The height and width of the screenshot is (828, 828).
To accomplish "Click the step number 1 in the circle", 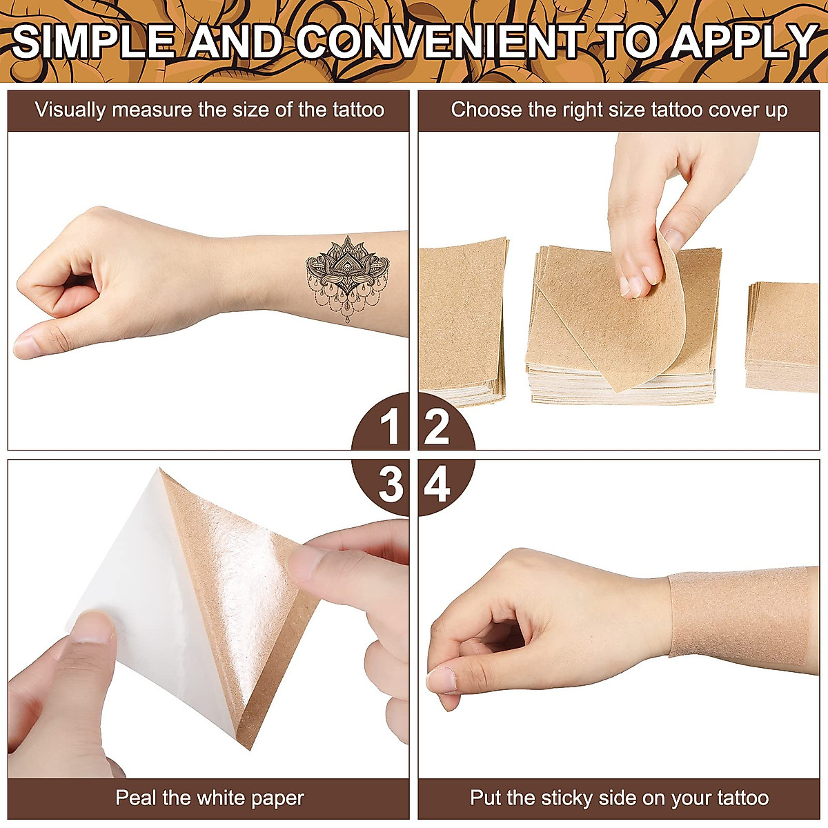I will click(x=391, y=427).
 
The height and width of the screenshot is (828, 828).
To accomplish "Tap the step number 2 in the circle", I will click(x=437, y=427).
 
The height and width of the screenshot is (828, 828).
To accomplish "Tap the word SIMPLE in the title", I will click(x=93, y=41).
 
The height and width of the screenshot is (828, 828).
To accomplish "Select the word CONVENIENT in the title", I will click(x=442, y=41).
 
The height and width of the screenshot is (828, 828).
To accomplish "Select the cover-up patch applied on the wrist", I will click(x=738, y=614).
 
